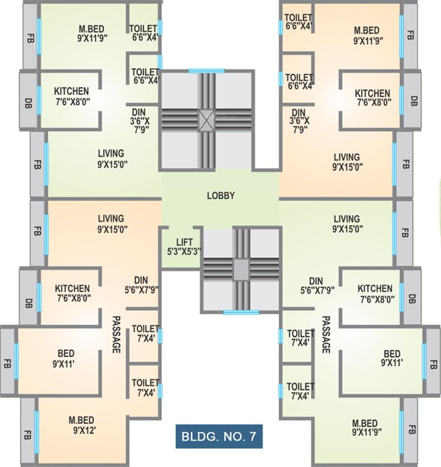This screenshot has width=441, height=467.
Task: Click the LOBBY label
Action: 220,196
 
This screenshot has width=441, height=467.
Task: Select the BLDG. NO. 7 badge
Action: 219,436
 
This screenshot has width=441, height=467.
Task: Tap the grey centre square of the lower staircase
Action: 241,268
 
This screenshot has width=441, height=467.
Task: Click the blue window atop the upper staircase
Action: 206,71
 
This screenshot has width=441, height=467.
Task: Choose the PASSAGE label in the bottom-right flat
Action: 326,334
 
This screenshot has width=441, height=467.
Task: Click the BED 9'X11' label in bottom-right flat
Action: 391,358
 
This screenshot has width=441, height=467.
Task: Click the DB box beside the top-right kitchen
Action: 414,100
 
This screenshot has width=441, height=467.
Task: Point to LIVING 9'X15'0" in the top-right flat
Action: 346,162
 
